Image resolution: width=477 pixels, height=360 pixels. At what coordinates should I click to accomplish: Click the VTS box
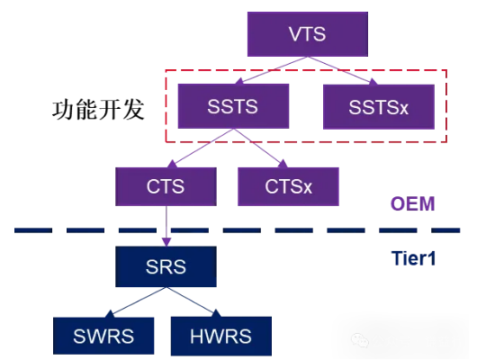308,34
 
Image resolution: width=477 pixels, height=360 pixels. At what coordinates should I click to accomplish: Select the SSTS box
233,106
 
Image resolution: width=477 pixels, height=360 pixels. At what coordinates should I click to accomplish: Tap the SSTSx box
379,107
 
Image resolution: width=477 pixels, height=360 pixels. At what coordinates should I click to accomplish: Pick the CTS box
166,186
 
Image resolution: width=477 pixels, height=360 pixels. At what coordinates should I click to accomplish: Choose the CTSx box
288,186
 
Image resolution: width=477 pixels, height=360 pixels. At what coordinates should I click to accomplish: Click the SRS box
166,266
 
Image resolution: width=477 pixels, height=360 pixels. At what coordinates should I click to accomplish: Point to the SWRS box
103,336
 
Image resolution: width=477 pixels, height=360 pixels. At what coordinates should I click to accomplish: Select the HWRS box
221,336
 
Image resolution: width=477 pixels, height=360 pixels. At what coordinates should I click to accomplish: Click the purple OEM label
412,203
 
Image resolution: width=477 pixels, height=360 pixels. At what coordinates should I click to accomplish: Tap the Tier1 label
413,258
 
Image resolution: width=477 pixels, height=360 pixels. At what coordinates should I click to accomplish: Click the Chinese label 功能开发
98,110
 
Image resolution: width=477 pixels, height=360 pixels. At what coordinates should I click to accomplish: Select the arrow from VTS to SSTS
272,70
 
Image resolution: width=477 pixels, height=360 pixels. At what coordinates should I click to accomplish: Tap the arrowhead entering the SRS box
166,242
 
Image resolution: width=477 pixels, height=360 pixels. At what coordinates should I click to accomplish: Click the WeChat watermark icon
360,339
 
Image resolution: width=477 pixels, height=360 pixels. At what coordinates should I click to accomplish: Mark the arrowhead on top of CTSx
283,164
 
